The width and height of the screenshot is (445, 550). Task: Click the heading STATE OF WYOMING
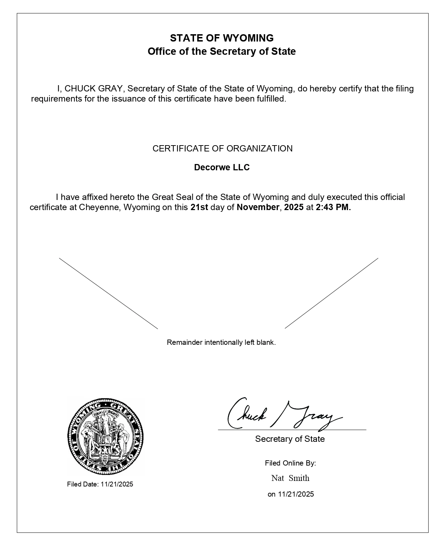[222, 38]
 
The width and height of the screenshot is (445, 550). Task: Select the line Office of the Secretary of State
[222, 52]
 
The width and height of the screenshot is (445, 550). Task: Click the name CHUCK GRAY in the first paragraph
[93, 89]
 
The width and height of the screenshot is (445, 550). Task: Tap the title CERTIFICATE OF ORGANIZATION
[222, 149]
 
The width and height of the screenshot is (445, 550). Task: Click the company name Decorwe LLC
[222, 168]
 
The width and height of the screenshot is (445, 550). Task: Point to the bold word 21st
[199, 207]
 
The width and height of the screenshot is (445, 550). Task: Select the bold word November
[258, 207]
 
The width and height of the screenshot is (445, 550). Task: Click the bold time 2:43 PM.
[333, 207]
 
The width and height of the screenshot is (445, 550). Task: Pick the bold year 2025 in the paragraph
[294, 207]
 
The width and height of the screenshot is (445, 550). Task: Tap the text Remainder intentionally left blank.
[221, 342]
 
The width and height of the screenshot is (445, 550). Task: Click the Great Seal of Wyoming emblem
[105, 436]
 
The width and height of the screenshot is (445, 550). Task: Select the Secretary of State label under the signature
[290, 439]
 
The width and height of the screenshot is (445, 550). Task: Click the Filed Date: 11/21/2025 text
[100, 484]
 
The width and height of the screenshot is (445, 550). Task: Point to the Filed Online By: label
[290, 463]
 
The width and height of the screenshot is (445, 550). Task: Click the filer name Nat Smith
[290, 478]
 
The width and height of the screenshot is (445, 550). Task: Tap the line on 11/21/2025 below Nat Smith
[290, 494]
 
